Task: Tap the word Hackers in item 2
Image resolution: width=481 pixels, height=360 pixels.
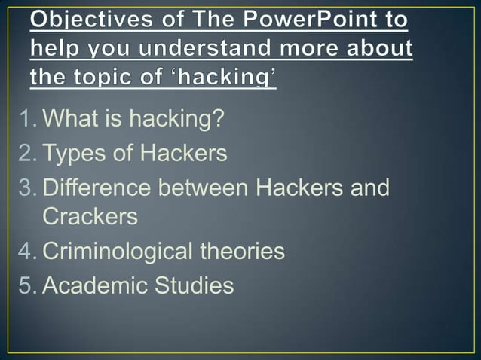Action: (x=182, y=154)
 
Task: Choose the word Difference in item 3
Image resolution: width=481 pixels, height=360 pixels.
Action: (x=97, y=187)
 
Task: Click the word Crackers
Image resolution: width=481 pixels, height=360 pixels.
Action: (x=90, y=217)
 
